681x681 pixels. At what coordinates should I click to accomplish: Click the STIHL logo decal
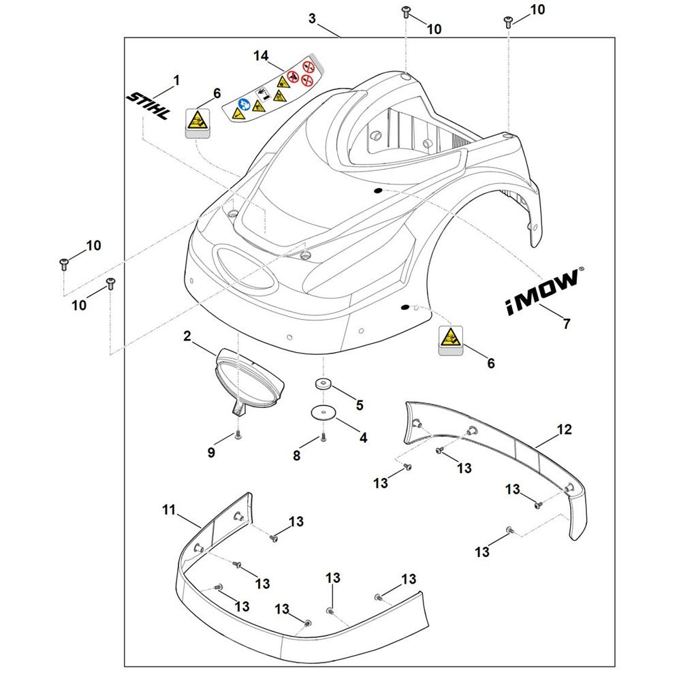tap(148, 106)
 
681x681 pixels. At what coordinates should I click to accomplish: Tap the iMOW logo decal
tap(542, 292)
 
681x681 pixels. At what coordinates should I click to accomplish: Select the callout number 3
tap(312, 18)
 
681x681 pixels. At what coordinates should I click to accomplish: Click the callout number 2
tap(187, 336)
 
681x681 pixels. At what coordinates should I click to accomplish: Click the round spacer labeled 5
tap(323, 384)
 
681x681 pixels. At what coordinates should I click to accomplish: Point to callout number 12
tap(564, 430)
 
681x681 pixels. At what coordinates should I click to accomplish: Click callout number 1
tap(176, 80)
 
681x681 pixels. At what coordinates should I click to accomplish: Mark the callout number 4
tap(363, 438)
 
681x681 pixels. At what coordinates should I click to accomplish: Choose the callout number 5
tap(360, 405)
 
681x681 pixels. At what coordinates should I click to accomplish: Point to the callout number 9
tap(211, 452)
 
